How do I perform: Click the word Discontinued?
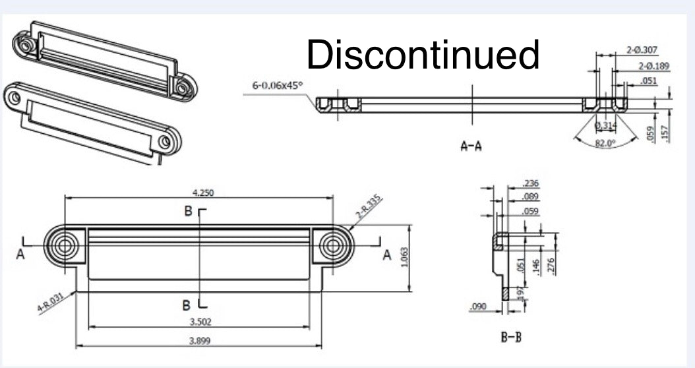423,55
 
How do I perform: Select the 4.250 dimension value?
202,193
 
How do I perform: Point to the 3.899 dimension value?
200,341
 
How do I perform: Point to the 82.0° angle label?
605,143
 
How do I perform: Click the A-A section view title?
471,146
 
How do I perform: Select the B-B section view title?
511,338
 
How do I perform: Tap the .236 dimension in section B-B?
530,183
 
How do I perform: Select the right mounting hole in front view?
332,245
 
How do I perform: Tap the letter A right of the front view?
387,255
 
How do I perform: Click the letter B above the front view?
188,212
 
